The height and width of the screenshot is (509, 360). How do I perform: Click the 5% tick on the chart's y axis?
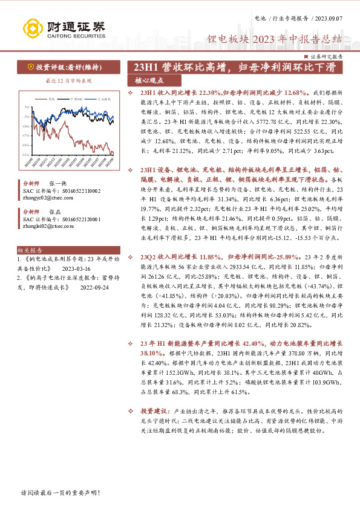click(27, 106)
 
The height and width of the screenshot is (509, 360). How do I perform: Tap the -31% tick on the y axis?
click(25, 154)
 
